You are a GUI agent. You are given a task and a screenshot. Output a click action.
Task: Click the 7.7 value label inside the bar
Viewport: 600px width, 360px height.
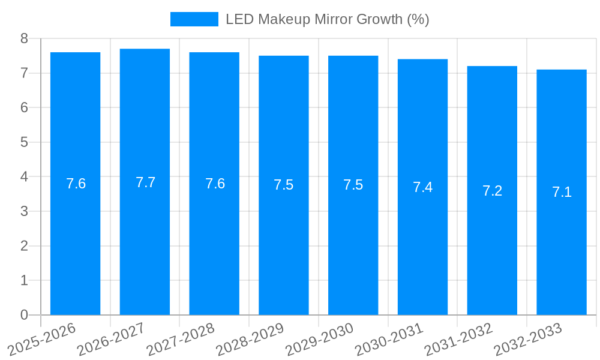coord(145,182)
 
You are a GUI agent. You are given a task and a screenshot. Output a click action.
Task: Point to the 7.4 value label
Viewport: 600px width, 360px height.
coord(422,187)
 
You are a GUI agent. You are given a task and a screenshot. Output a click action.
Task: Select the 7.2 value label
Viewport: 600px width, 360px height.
coord(492,191)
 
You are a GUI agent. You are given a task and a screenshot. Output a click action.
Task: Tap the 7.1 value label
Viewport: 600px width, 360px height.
coord(562,192)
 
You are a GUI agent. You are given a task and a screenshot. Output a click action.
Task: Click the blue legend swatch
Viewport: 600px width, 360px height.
coord(194,19)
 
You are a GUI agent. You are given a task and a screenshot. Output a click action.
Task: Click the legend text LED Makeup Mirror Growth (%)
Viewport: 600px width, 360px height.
coord(327,19)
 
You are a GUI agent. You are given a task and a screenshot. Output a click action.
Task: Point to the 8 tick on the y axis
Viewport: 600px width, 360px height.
coord(24,38)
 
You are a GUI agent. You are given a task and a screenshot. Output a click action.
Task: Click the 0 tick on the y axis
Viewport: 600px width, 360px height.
coord(24,315)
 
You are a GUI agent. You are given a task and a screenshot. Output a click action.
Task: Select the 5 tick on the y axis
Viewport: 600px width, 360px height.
coord(24,142)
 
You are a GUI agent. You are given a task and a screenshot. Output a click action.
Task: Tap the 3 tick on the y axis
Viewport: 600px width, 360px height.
coord(24,211)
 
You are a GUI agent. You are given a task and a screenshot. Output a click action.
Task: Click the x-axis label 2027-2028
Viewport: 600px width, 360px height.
coord(181,339)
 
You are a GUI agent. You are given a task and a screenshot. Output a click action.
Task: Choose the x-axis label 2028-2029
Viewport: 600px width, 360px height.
coord(250,339)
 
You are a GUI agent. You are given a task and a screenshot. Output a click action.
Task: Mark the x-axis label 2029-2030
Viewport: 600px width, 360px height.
coord(320,339)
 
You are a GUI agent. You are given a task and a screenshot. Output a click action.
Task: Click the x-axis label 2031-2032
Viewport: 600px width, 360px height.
coord(458,339)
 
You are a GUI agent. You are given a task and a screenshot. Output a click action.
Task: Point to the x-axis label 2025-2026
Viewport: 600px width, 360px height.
coord(41,339)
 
